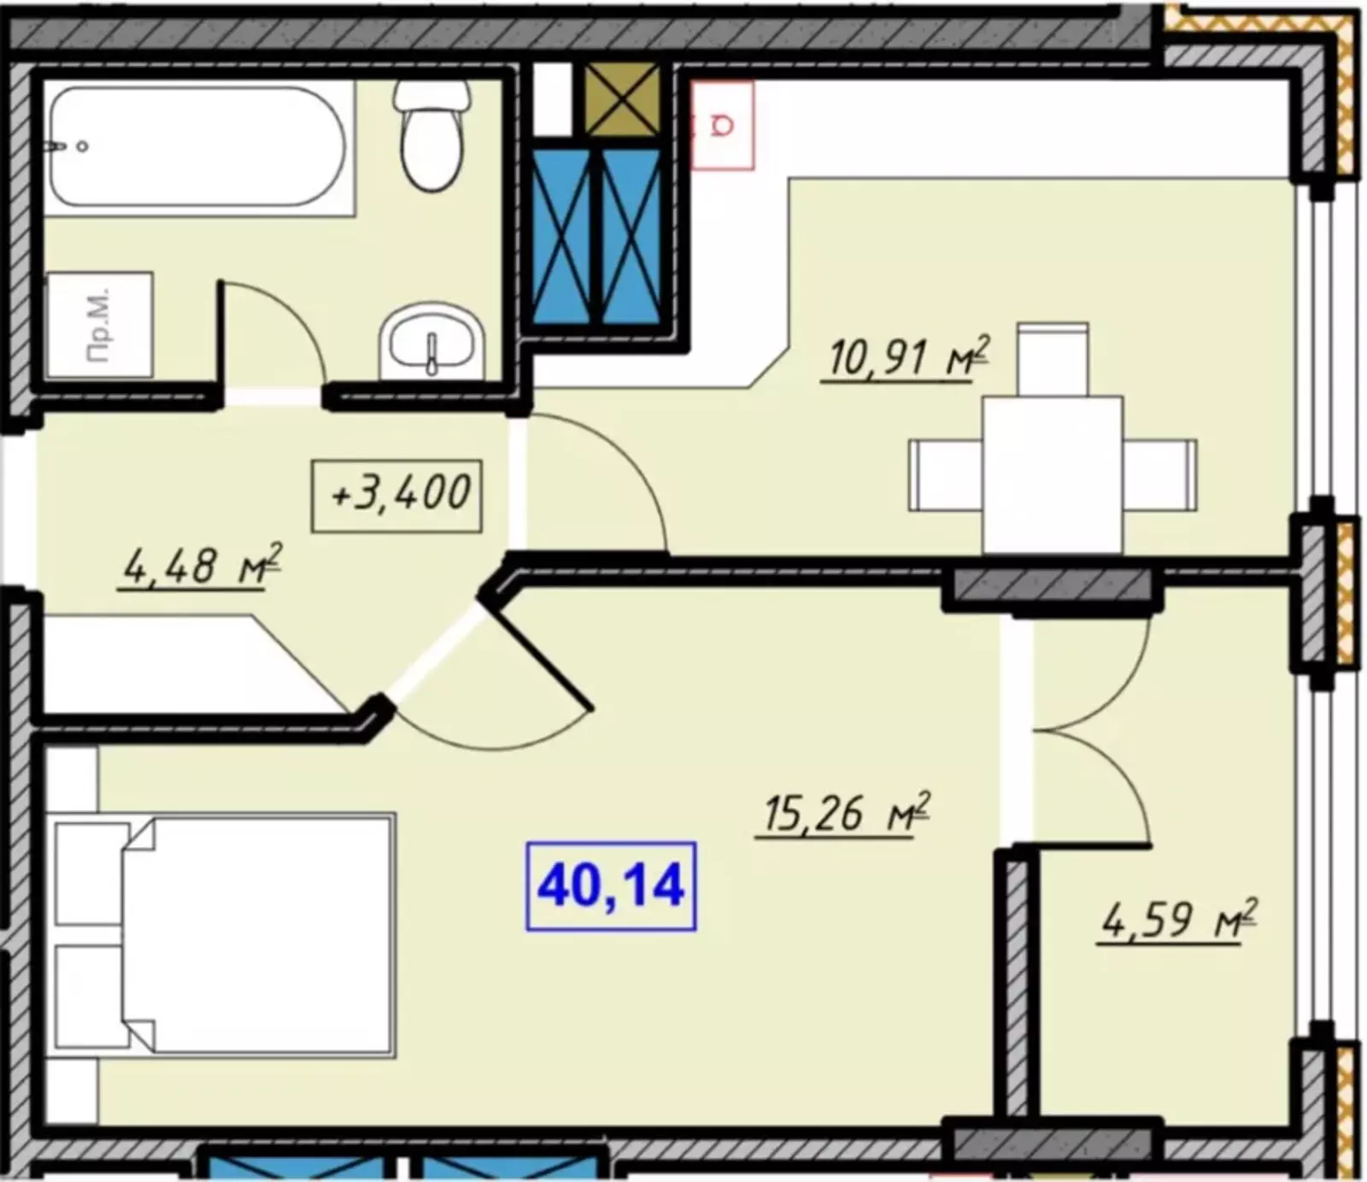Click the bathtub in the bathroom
[198, 146]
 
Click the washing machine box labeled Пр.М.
[99, 325]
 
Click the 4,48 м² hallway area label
[202, 565]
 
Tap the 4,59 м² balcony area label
[1178, 920]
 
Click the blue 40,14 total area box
[611, 886]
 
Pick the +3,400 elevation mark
[397, 496]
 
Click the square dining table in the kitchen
[1053, 474]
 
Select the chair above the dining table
[1053, 359]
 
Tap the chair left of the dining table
[946, 475]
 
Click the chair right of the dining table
[1159, 475]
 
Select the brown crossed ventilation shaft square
[622, 100]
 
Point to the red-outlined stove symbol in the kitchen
[723, 126]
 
